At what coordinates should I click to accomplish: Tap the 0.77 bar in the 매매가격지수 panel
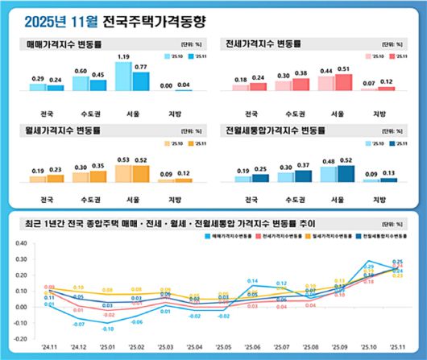click(141, 81)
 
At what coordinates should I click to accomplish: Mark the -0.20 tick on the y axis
click(16, 341)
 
